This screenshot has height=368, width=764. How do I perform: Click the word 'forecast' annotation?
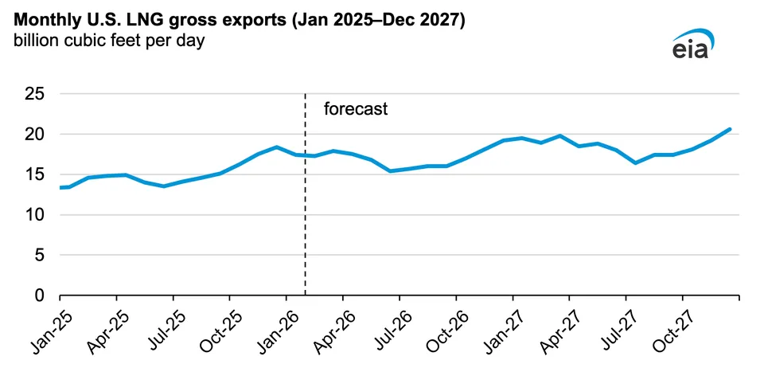[356, 109]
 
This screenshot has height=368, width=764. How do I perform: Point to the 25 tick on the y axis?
[34, 94]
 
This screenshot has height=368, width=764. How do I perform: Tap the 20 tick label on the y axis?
[34, 135]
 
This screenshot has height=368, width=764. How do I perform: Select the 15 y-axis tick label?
[34, 174]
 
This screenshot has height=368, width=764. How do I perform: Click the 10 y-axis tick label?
[34, 215]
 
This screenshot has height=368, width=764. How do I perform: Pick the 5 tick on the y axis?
[39, 255]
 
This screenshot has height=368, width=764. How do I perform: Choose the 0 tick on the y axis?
[39, 296]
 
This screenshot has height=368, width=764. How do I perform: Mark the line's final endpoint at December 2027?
[729, 129]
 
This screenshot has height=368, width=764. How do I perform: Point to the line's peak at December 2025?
[276, 147]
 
